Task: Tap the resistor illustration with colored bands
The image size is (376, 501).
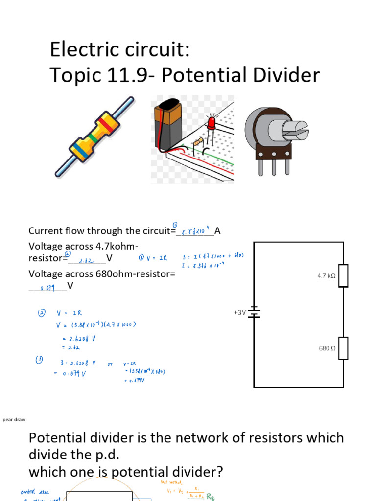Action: click(x=94, y=137)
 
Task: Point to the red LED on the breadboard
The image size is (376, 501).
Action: click(x=212, y=123)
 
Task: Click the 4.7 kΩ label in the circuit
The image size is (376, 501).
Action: click(x=326, y=276)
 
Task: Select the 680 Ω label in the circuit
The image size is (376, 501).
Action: click(x=327, y=348)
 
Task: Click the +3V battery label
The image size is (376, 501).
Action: click(x=240, y=312)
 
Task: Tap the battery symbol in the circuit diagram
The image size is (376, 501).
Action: click(x=254, y=312)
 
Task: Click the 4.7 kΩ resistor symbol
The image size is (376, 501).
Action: click(x=343, y=275)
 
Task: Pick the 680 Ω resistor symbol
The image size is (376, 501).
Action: click(x=343, y=348)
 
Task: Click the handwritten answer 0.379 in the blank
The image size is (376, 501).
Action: click(x=47, y=288)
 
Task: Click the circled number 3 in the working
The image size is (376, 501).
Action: click(x=38, y=360)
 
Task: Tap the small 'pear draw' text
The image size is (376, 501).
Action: click(x=14, y=420)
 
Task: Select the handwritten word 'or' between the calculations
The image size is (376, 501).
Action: click(x=110, y=364)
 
